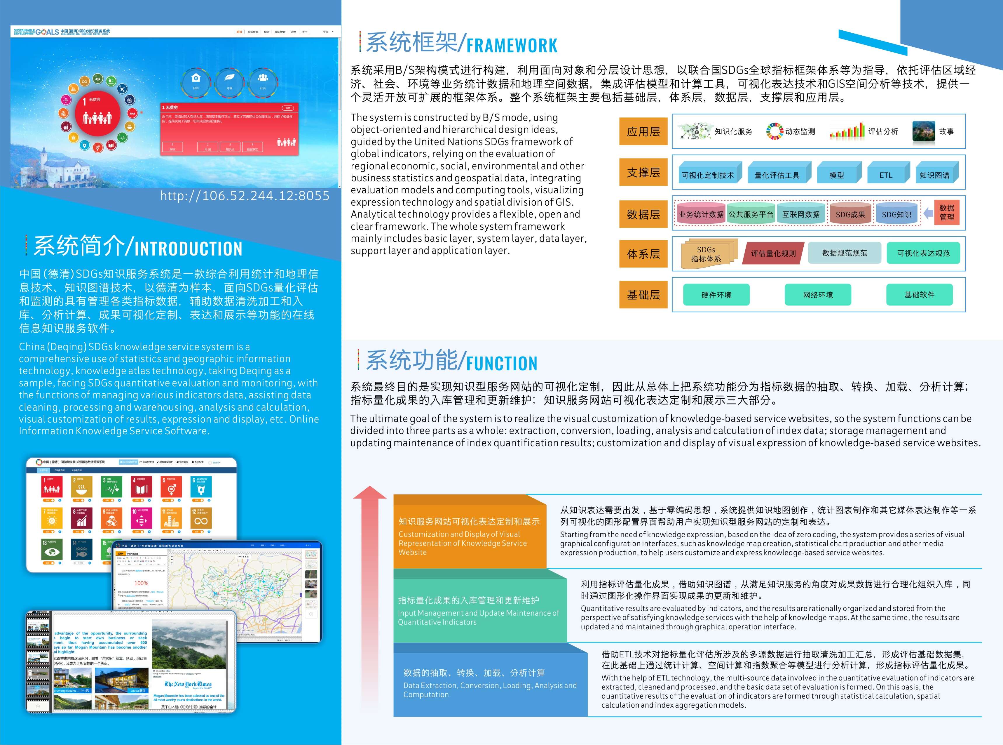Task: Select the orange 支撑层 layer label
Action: [x=643, y=173]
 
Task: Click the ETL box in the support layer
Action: [x=886, y=175]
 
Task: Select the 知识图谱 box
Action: [x=935, y=175]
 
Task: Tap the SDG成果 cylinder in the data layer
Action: [x=850, y=214]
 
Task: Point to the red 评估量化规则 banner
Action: [x=773, y=253]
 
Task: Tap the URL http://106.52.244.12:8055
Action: [x=245, y=196]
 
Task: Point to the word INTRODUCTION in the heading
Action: [x=188, y=249]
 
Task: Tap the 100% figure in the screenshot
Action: [x=141, y=583]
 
